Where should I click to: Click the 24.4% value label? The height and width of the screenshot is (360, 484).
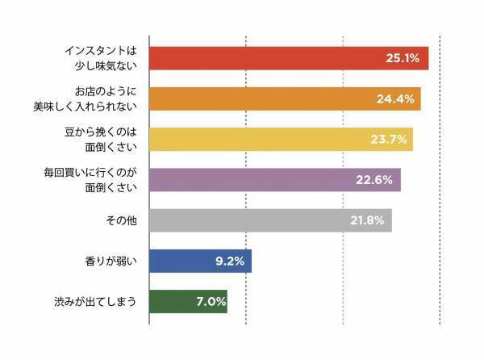[x=395, y=99]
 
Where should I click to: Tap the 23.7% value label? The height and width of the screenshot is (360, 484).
[x=389, y=139]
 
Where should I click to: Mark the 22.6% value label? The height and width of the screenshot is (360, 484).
[x=375, y=180]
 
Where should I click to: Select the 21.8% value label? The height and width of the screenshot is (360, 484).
[x=367, y=220]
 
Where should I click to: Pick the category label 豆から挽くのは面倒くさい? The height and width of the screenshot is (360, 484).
[x=103, y=139]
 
